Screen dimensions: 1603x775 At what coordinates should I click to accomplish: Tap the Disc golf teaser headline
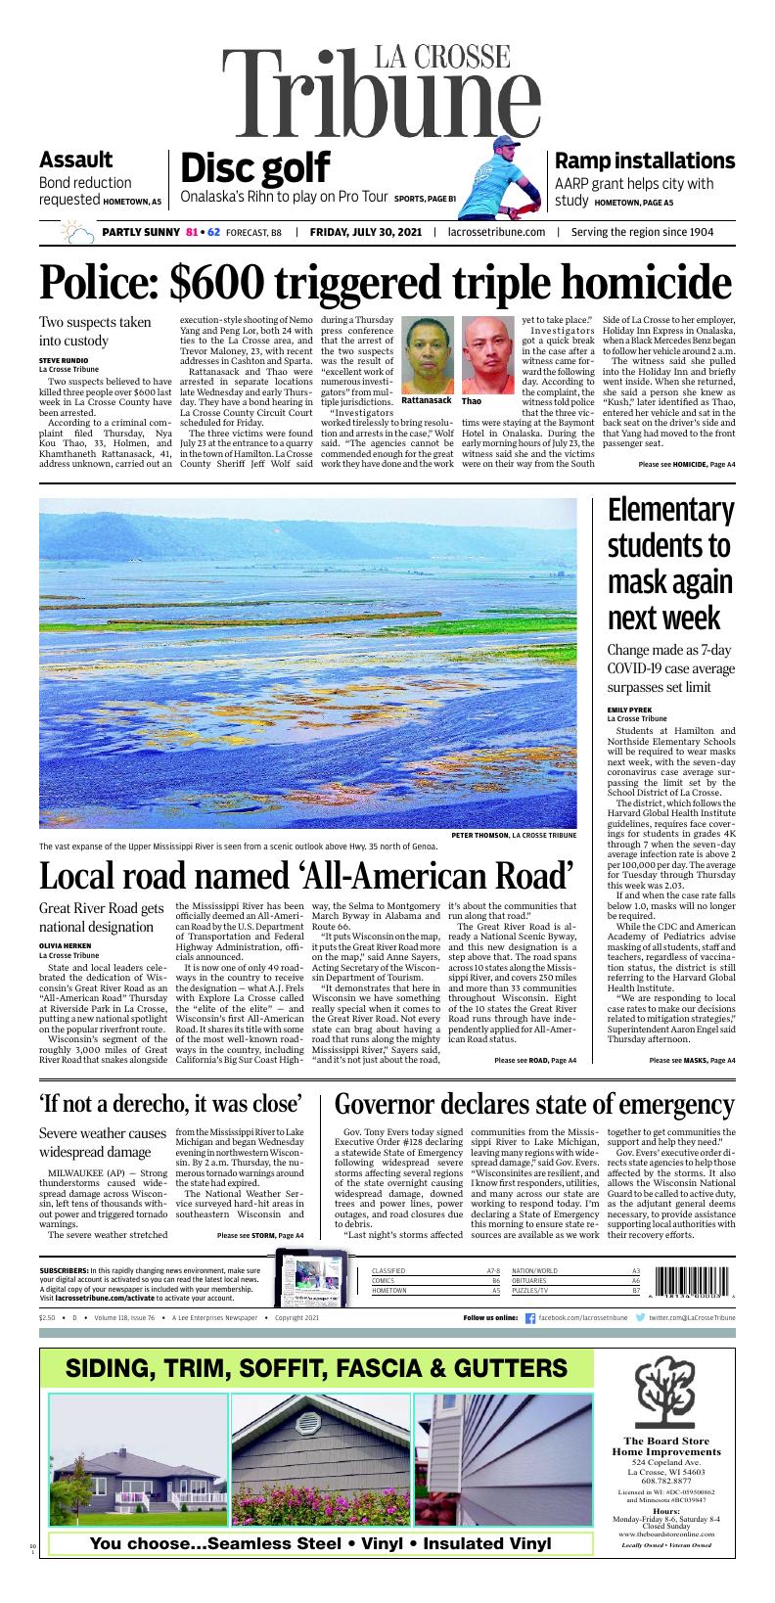click(254, 168)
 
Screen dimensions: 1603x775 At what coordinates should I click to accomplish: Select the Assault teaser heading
click(75, 160)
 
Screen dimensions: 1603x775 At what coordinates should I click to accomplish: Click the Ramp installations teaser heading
click(644, 160)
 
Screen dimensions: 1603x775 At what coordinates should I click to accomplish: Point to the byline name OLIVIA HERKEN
click(66, 945)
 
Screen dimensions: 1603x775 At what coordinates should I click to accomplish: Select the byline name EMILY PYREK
click(630, 710)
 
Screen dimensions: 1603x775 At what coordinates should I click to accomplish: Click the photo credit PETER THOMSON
click(487, 835)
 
